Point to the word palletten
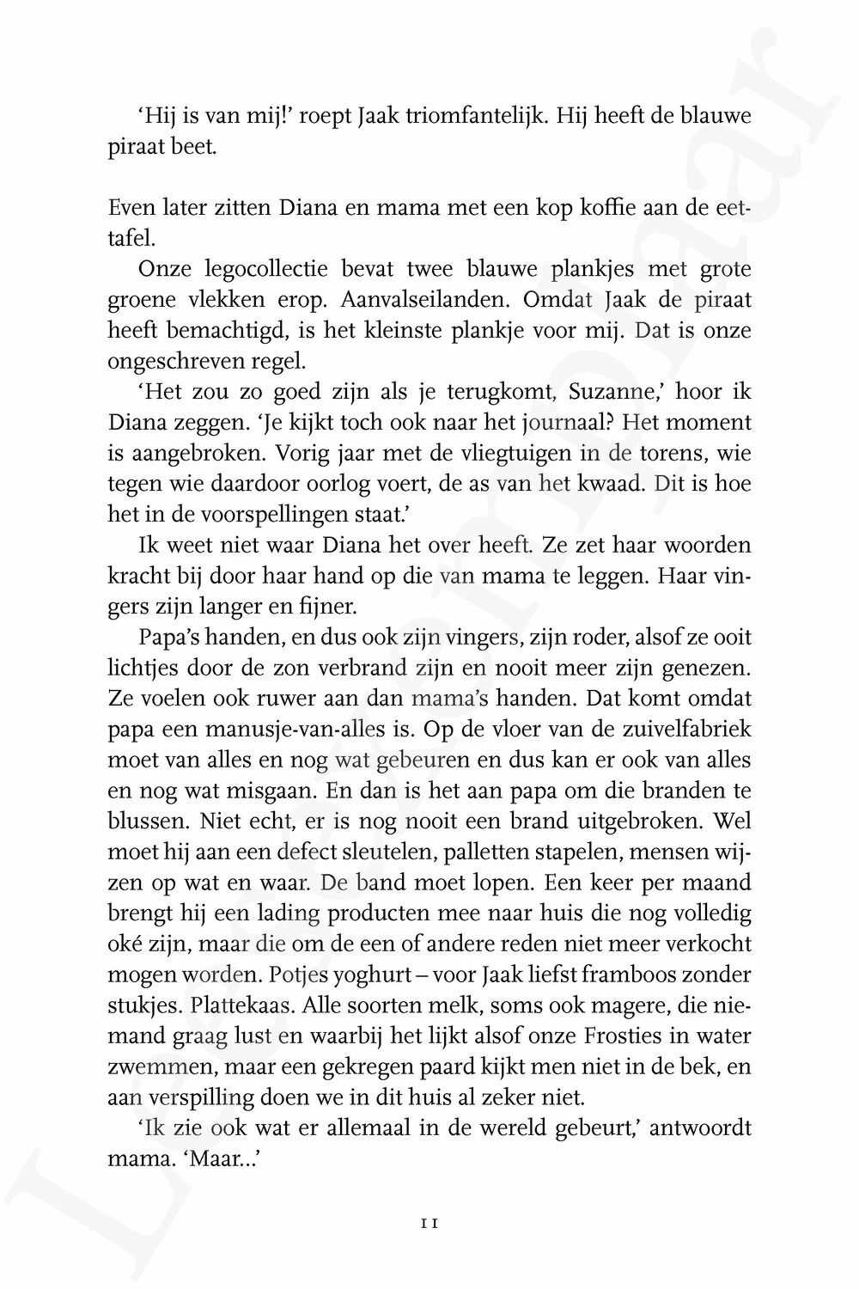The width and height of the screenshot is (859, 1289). (x=499, y=852)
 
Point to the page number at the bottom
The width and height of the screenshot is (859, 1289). (x=429, y=1219)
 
